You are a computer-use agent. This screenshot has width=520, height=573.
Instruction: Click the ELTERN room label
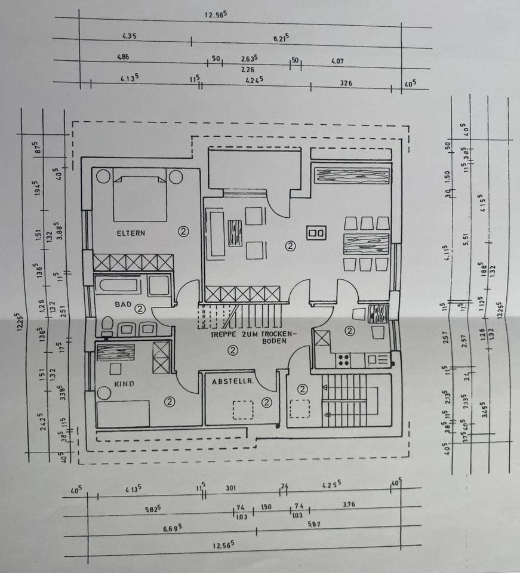pos(131,233)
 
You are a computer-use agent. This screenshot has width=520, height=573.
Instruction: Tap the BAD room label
pos(123,304)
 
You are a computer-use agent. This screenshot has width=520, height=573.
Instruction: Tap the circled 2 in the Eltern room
pos(183,232)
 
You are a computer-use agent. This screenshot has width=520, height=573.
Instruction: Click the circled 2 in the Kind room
pos(170,402)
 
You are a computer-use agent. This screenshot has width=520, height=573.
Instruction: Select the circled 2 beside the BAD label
pos(140,309)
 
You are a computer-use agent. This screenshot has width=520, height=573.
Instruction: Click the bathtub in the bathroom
pos(119,285)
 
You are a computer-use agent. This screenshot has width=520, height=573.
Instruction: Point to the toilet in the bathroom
pos(107,326)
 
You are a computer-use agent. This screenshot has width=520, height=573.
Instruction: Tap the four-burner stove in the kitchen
pos(343,359)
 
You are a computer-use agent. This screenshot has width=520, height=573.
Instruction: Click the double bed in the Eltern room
pos(140,198)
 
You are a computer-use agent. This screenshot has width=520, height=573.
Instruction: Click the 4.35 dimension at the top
pos(129,36)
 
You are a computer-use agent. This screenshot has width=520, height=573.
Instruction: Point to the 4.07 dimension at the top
pos(337,60)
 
